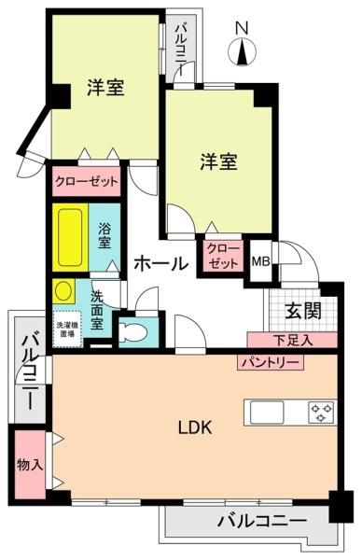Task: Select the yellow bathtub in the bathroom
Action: pos(71,237)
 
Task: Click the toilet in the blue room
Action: pos(130,330)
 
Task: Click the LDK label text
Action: pos(197,428)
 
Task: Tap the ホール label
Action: pos(160,264)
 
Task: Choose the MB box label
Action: pos(260,263)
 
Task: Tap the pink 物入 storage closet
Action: pos(29,464)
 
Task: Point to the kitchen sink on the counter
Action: pos(265,411)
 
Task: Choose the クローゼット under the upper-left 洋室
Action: pos(87,181)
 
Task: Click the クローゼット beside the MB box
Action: pos(222,255)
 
